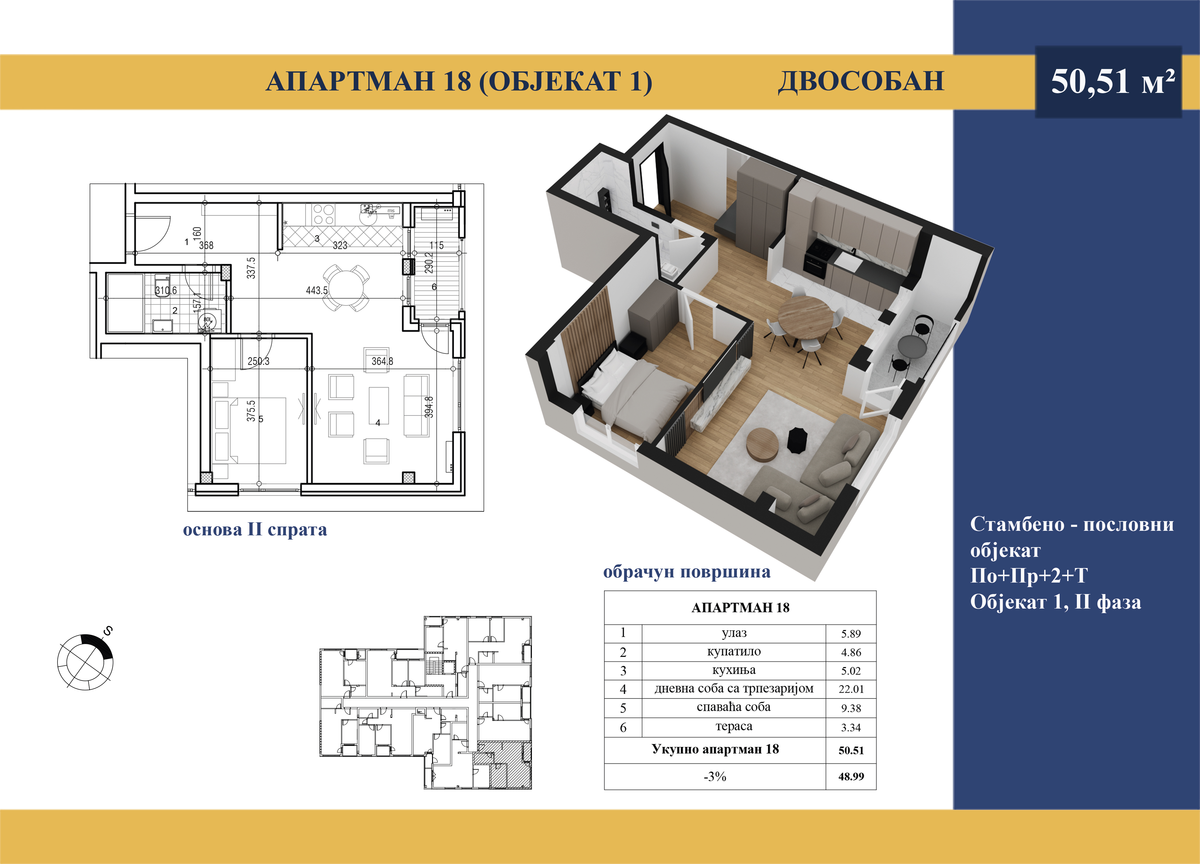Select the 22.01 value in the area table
(x=851, y=689)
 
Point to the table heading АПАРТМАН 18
(x=740, y=607)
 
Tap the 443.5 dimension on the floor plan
(x=316, y=291)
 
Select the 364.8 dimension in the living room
(x=382, y=361)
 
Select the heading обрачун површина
(x=687, y=572)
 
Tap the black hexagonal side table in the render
(x=797, y=440)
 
